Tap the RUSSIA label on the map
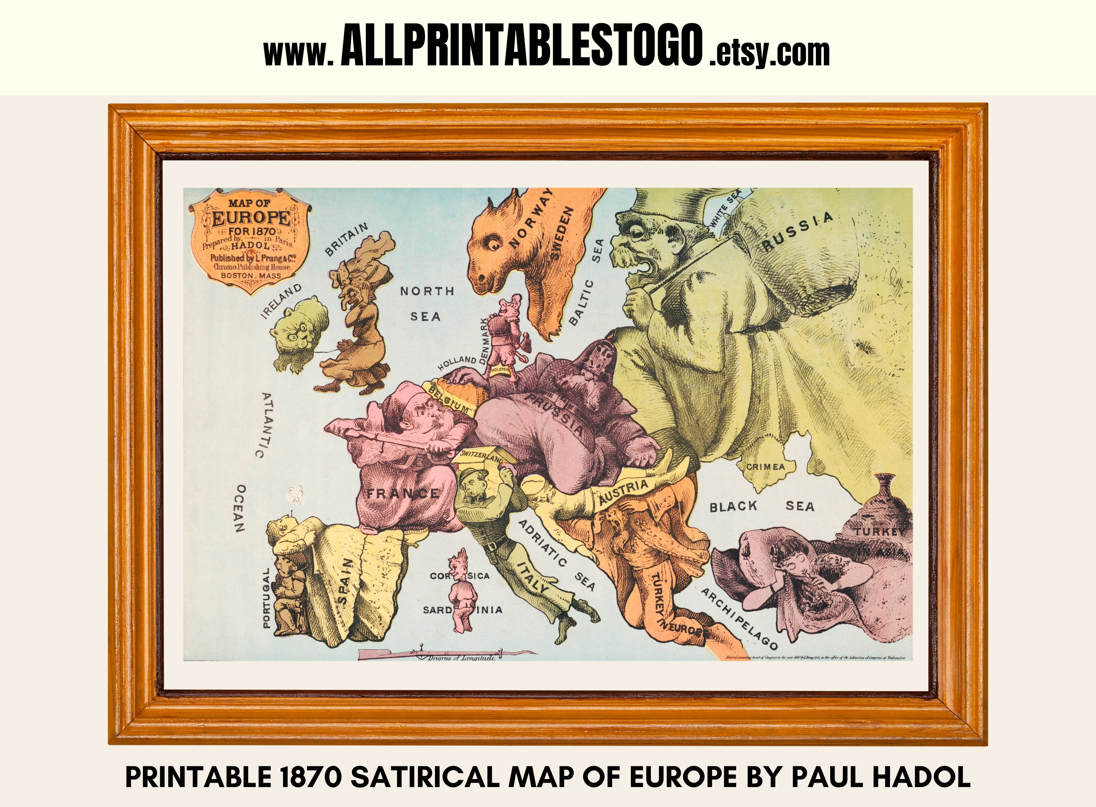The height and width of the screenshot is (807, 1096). click(x=797, y=231)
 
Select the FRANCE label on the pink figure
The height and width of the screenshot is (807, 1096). click(x=403, y=493)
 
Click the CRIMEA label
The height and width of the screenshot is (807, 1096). click(x=765, y=467)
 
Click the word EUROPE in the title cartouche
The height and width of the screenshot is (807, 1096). click(x=251, y=218)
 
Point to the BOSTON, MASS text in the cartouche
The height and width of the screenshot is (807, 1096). click(x=251, y=275)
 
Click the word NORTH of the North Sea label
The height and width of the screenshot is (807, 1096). click(x=427, y=291)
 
